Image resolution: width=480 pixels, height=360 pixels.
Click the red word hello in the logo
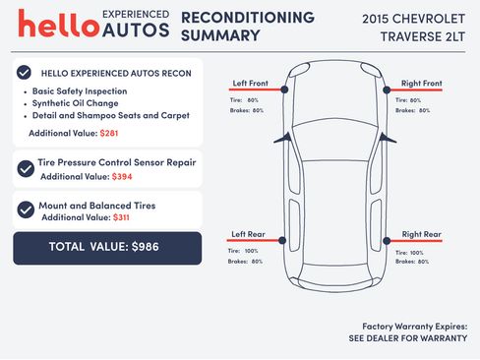click(x=58, y=24)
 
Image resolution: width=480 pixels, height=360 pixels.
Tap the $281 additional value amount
click(x=109, y=133)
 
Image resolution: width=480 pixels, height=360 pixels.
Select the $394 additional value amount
click(x=122, y=177)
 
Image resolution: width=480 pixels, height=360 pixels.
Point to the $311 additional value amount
click(x=121, y=217)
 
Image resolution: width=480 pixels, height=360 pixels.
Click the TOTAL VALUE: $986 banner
click(x=107, y=248)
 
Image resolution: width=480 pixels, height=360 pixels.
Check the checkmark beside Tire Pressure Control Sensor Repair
click(x=26, y=169)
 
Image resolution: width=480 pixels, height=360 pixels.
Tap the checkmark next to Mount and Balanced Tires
click(x=26, y=210)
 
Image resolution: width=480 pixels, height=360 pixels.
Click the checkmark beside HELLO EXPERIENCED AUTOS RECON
click(x=24, y=73)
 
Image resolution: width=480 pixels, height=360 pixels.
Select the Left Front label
click(x=250, y=84)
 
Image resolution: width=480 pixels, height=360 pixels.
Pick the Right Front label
click(x=422, y=84)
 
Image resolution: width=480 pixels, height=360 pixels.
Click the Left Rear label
click(x=248, y=234)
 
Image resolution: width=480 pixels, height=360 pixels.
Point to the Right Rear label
click(x=422, y=234)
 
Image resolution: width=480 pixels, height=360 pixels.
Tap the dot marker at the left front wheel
click(x=284, y=90)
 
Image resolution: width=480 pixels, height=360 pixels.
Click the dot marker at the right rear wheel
click(x=387, y=241)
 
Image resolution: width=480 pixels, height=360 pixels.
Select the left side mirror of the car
click(x=283, y=139)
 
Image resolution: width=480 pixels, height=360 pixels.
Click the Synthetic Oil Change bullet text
click(x=75, y=103)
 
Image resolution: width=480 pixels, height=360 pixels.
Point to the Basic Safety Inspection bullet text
click(x=80, y=91)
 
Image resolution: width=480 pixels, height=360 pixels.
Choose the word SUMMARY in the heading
click(x=220, y=35)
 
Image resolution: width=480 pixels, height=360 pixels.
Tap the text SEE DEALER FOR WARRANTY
click(x=408, y=338)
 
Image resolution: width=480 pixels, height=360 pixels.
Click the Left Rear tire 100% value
click(x=251, y=251)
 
